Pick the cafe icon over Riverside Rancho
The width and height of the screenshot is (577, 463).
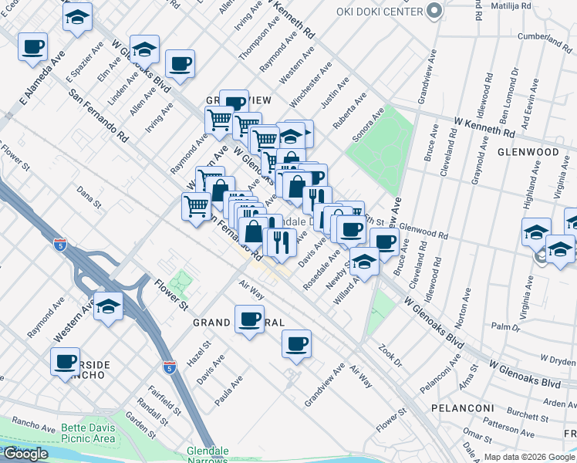coord(65,360)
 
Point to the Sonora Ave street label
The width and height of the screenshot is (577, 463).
coord(368,127)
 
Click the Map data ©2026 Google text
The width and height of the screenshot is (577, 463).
coord(529,457)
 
